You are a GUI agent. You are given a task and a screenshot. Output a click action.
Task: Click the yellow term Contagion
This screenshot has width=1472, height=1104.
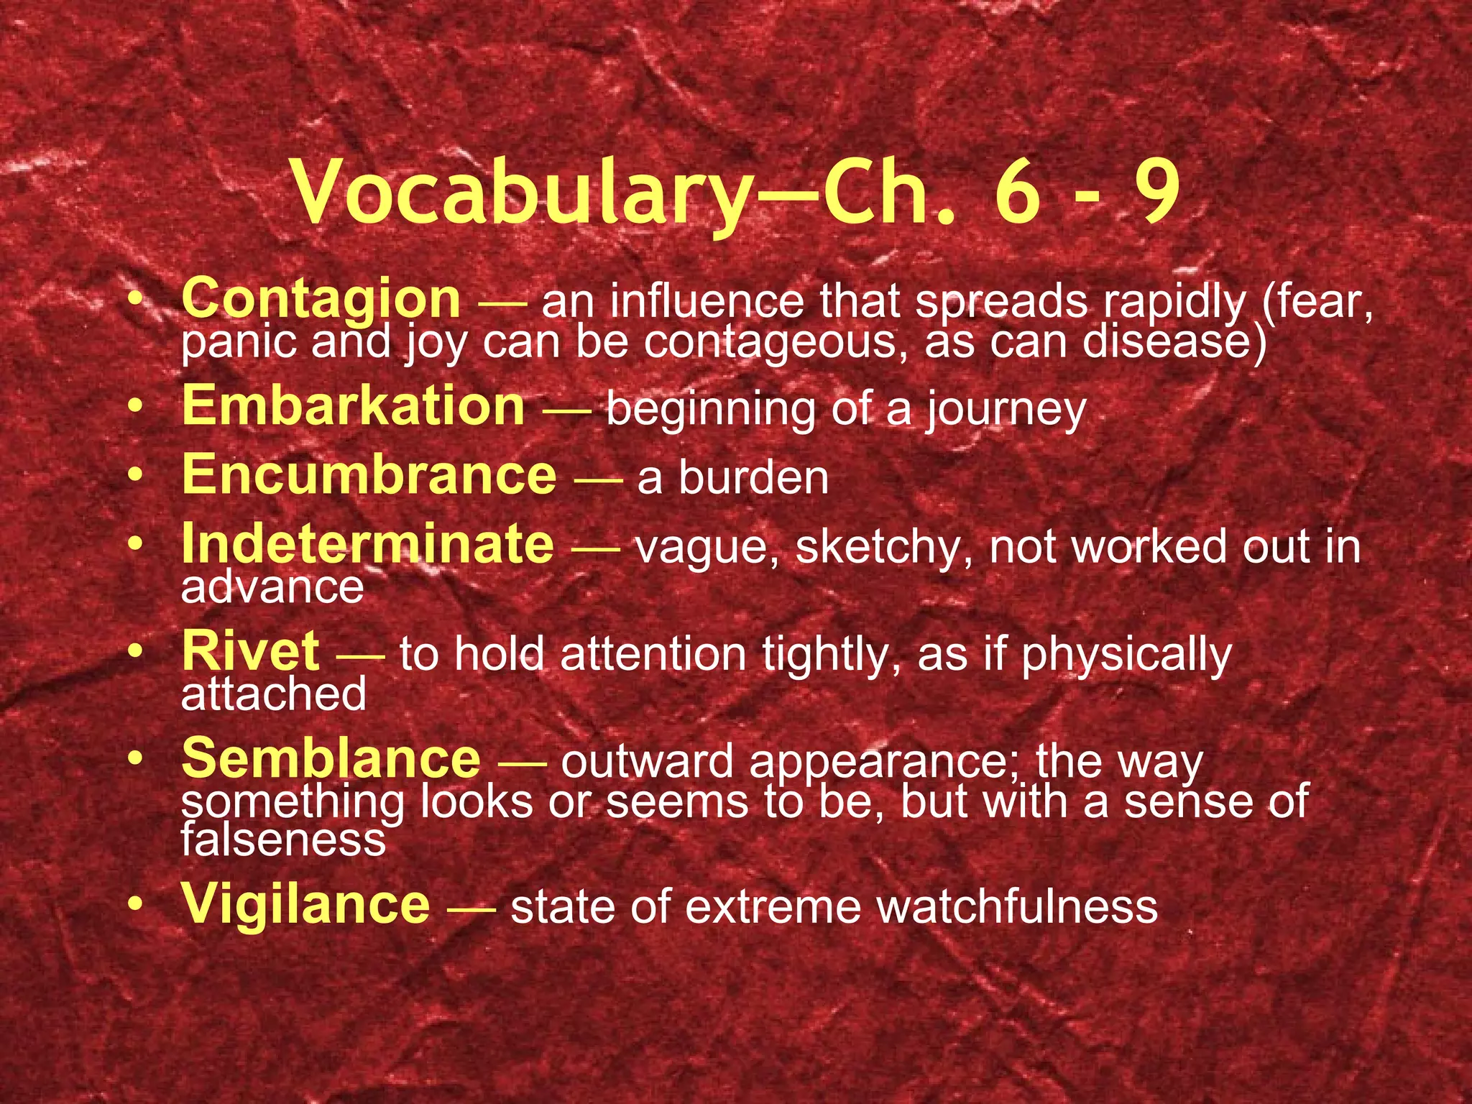321,299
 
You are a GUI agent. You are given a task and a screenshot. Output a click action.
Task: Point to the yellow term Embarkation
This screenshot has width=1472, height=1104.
354,406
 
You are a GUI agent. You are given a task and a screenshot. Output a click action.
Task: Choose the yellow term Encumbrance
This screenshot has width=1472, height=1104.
369,475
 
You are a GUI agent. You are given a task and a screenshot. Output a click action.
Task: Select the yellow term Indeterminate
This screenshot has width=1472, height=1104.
368,544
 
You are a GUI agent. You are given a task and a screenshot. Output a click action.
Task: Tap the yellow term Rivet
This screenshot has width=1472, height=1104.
251,651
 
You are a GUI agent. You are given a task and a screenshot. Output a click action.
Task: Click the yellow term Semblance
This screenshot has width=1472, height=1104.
331,759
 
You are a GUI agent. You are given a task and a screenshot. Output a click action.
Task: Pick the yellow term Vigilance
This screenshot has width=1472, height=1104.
306,904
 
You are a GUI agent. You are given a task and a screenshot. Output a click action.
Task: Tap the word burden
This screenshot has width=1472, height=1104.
754,479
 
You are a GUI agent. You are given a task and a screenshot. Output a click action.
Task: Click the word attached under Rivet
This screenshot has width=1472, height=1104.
274,694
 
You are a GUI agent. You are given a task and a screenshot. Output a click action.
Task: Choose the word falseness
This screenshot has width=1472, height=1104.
283,839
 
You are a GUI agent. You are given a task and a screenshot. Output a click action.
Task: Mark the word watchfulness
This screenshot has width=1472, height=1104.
1017,907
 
